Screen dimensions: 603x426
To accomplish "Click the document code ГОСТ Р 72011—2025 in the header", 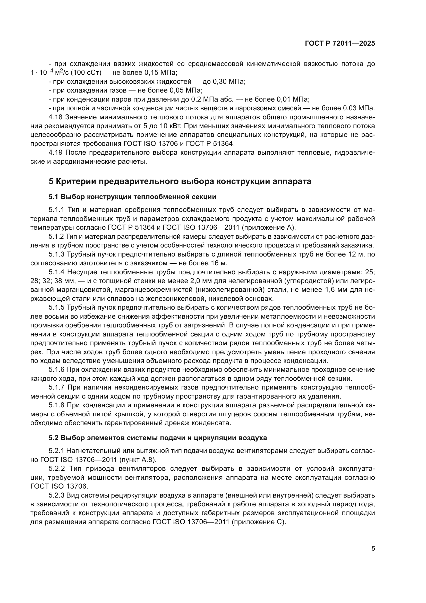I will [x=340, y=44].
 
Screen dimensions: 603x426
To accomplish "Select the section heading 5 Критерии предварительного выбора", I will [x=180, y=181].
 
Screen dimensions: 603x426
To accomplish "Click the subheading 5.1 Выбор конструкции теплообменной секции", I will [x=132, y=197].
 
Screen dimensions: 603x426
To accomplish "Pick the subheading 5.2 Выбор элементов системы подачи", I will [x=158, y=438].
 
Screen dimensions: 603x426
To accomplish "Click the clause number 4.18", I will [x=56, y=117].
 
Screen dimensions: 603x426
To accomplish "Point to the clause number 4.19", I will [x=56, y=153].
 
